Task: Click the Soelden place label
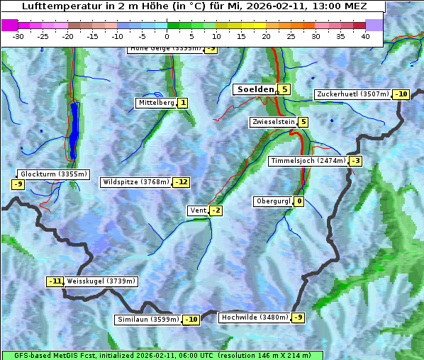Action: pyautogui.click(x=255, y=89)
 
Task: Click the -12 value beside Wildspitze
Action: pyautogui.click(x=182, y=182)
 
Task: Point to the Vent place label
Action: pyautogui.click(x=197, y=210)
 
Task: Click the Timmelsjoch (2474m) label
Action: pyautogui.click(x=308, y=161)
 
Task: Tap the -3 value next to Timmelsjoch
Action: pyautogui.click(x=355, y=161)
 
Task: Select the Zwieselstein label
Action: pyautogui.click(x=273, y=122)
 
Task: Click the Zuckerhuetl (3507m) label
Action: pyautogui.click(x=353, y=94)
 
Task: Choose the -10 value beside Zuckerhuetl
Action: pyautogui.click(x=401, y=94)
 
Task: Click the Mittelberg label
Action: pyautogui.click(x=156, y=103)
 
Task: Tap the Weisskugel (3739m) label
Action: pyautogui.click(x=101, y=281)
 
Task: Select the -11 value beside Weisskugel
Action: pyautogui.click(x=55, y=281)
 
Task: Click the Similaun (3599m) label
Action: pyautogui.click(x=148, y=320)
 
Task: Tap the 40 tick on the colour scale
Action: pyautogui.click(x=365, y=35)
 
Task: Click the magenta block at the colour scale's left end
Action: pyautogui.click(x=9, y=24)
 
